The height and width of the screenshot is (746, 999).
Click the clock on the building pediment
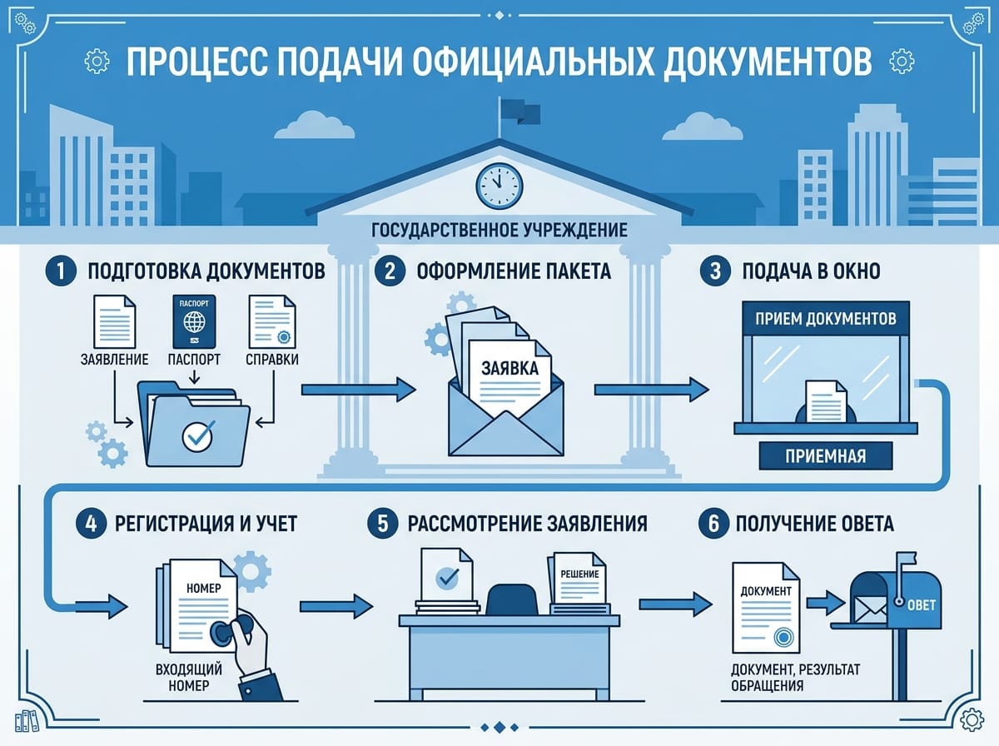(499, 185)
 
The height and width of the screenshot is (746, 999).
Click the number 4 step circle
(88, 524)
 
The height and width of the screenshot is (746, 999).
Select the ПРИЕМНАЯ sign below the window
(826, 456)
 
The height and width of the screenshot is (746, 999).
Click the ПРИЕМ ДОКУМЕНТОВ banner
(826, 319)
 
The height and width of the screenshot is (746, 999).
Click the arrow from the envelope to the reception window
(651, 389)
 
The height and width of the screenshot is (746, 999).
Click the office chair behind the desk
(510, 599)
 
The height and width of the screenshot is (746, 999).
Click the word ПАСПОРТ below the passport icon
(194, 361)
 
